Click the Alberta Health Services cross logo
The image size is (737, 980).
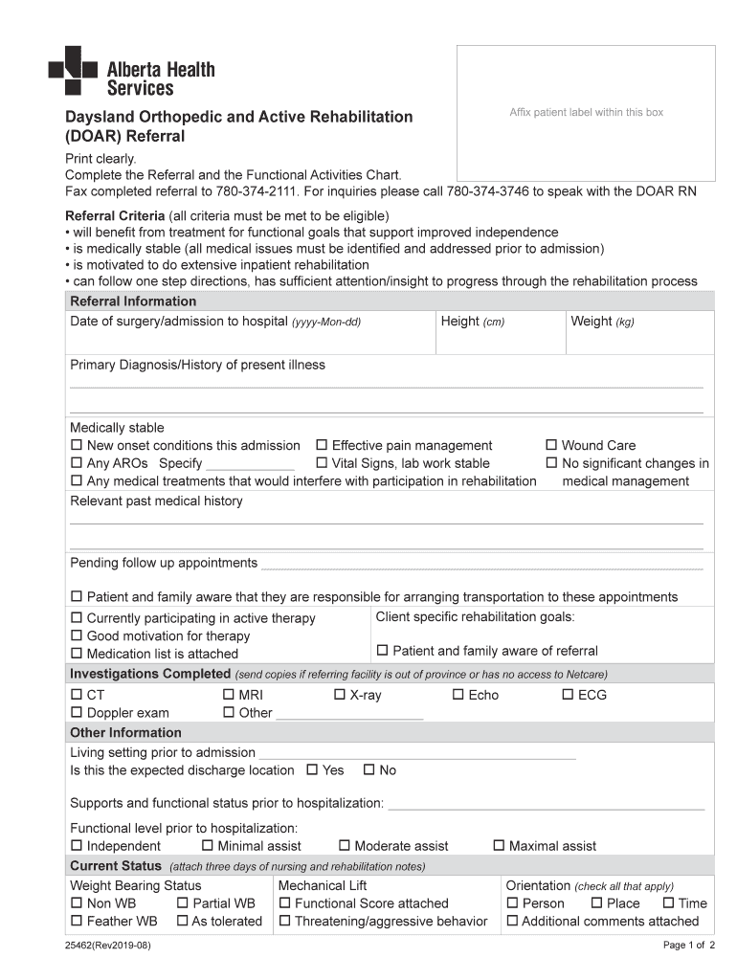tap(73, 70)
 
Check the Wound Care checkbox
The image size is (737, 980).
tap(551, 445)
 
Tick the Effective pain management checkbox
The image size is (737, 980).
tap(323, 445)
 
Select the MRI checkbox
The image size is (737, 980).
tap(229, 695)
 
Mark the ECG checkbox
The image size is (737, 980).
tap(568, 695)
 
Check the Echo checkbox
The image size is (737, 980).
tap(458, 695)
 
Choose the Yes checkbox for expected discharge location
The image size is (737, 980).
tap(312, 769)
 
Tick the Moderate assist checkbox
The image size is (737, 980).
tap(345, 845)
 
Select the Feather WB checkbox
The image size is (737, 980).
tap(77, 921)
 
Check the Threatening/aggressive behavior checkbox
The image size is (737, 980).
tap(284, 921)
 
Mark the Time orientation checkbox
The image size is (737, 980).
tap(667, 902)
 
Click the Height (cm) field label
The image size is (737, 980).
tap(472, 322)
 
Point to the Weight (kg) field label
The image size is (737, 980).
tap(602, 322)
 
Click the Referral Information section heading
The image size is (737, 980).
tap(133, 301)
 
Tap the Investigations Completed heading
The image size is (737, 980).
tap(150, 674)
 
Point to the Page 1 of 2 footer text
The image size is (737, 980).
tap(688, 947)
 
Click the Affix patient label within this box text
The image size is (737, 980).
tap(586, 113)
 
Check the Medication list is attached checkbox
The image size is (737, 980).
tap(77, 654)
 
